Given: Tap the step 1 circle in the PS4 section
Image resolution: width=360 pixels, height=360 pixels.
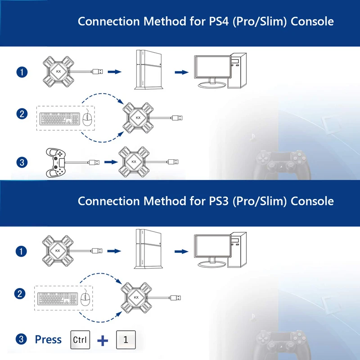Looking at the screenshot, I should (x=21, y=72).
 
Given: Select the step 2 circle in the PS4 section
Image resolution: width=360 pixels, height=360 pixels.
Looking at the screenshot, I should (x=21, y=113).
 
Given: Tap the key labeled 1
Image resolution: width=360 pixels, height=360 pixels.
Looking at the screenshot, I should (x=126, y=340).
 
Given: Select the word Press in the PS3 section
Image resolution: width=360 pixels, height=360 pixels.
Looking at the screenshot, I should (x=48, y=340).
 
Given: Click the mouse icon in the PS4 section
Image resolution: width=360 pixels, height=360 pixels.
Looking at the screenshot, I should (x=86, y=119).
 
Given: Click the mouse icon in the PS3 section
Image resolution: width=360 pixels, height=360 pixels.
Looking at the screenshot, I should (x=84, y=297).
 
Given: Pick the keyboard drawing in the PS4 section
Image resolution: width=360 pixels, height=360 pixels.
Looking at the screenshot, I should (x=59, y=119).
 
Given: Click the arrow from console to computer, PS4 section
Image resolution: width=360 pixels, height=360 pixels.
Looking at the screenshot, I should (x=181, y=72).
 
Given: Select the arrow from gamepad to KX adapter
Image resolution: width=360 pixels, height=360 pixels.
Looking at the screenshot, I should (x=110, y=161).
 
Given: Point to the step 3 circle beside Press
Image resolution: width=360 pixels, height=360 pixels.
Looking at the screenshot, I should (x=21, y=340).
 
